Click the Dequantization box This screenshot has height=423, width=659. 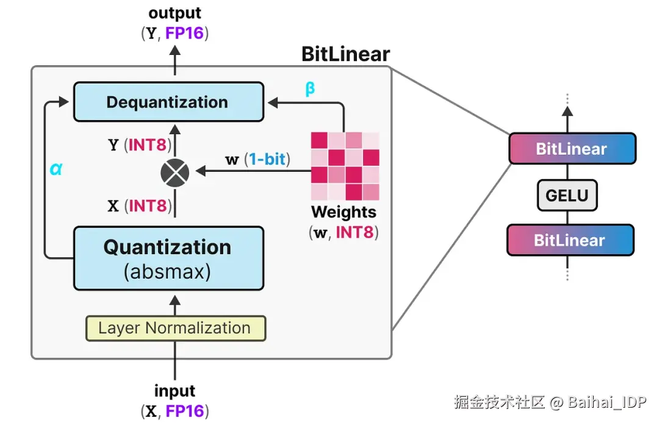click(168, 102)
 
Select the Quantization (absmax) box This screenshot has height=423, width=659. click(168, 258)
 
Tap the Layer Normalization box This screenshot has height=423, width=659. click(176, 328)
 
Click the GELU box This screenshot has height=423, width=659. click(567, 195)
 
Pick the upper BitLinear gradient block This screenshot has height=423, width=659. click(572, 149)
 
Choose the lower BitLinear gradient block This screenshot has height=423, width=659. click(571, 240)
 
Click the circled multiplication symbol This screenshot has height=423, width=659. click(175, 172)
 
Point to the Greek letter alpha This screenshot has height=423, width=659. click(56, 169)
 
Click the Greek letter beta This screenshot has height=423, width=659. click(310, 88)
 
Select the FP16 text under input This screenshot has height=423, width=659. click(184, 411)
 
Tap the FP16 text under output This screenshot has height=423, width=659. click(184, 33)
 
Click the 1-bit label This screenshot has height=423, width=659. click(267, 159)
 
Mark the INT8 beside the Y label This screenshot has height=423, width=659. click(148, 145)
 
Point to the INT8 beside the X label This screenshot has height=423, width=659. click(148, 205)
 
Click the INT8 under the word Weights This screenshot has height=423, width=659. click(355, 232)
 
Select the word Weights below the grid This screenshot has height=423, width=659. click(344, 212)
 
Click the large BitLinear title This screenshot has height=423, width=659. click(346, 54)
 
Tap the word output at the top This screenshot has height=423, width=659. click(175, 13)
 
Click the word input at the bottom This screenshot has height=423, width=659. click(175, 391)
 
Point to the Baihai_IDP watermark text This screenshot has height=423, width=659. click(607, 402)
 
